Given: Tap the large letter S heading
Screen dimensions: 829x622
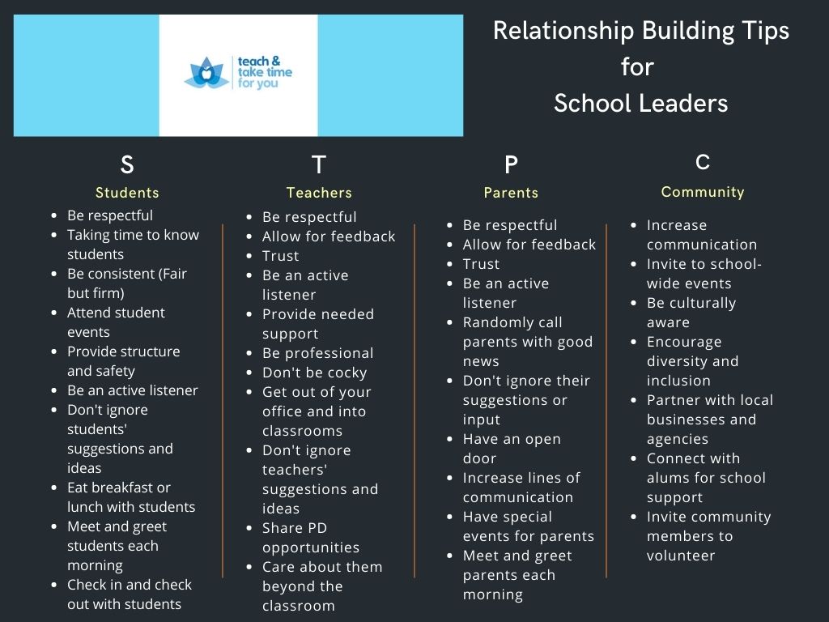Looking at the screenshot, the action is [127, 164].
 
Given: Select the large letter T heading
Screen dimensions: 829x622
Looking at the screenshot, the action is [319, 164].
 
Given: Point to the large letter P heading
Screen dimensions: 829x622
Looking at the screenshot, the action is [512, 165].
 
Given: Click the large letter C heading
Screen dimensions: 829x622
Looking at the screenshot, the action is [703, 162].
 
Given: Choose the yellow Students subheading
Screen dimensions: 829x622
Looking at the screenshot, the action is [127, 193].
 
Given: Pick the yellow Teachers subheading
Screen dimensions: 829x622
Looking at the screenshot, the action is [319, 193].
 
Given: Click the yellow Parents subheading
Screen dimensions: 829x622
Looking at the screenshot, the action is [511, 193].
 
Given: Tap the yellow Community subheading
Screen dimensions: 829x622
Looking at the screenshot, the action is [703, 192].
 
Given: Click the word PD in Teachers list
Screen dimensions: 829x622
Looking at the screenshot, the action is [317, 528].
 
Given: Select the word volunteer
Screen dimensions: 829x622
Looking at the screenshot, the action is [681, 556].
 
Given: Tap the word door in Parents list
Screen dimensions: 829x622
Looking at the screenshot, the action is [479, 458].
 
